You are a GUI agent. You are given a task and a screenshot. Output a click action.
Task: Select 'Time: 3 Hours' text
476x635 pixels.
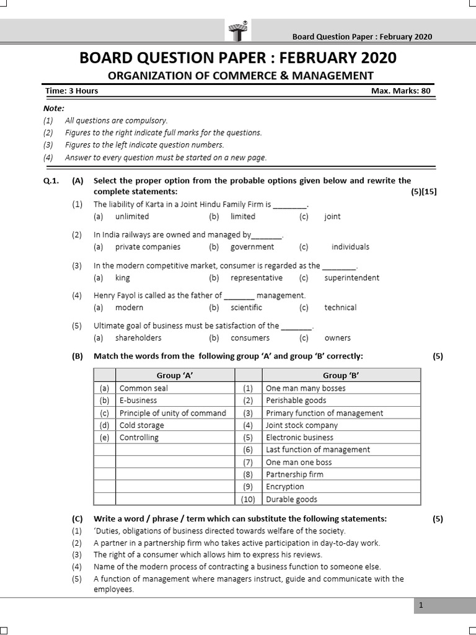click(72, 91)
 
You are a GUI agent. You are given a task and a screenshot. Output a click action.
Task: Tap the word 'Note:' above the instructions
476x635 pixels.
click(54, 108)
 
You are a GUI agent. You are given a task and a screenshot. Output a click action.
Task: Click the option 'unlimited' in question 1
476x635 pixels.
click(132, 216)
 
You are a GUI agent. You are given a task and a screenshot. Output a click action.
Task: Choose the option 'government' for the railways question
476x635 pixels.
click(252, 247)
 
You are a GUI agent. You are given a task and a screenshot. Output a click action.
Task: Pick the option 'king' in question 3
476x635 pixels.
click(123, 278)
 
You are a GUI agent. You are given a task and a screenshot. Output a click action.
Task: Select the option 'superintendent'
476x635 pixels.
click(351, 278)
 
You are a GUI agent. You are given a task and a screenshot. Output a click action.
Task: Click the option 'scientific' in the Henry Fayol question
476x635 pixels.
click(246, 308)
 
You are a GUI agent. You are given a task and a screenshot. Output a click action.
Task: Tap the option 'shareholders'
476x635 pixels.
click(138, 338)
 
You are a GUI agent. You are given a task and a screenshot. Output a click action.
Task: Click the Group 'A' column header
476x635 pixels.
click(175, 375)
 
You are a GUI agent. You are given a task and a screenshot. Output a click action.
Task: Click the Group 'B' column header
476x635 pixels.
click(342, 375)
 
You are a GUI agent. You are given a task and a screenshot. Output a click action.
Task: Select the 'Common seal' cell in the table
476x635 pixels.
click(144, 388)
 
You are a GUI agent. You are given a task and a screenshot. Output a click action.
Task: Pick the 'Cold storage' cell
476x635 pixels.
click(142, 425)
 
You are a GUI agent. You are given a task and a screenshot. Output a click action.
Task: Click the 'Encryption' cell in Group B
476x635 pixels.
click(284, 487)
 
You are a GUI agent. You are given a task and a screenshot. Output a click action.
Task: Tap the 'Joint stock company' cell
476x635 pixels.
click(302, 425)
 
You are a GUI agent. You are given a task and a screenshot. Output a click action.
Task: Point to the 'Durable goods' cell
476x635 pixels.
click(291, 499)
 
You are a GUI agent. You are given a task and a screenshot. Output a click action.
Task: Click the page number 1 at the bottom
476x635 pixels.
click(420, 606)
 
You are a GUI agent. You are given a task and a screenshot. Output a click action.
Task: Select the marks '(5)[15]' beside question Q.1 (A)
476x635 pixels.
click(423, 192)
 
